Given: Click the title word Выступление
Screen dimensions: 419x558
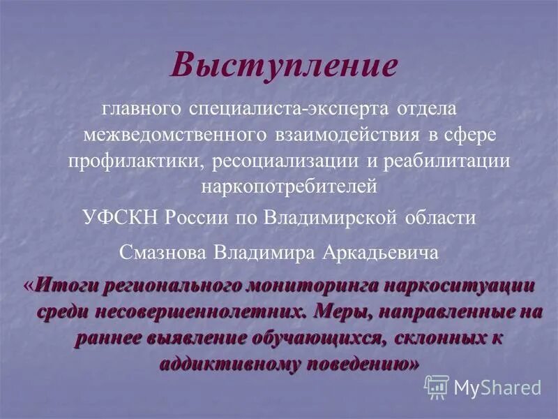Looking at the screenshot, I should [x=284, y=66].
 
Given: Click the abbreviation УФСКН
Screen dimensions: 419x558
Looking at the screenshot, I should [x=120, y=216].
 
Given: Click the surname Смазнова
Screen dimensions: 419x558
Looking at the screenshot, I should [x=163, y=252].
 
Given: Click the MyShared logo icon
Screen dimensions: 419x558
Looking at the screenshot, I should [x=437, y=386].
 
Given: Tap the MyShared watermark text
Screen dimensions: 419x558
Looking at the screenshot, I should [x=497, y=387].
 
